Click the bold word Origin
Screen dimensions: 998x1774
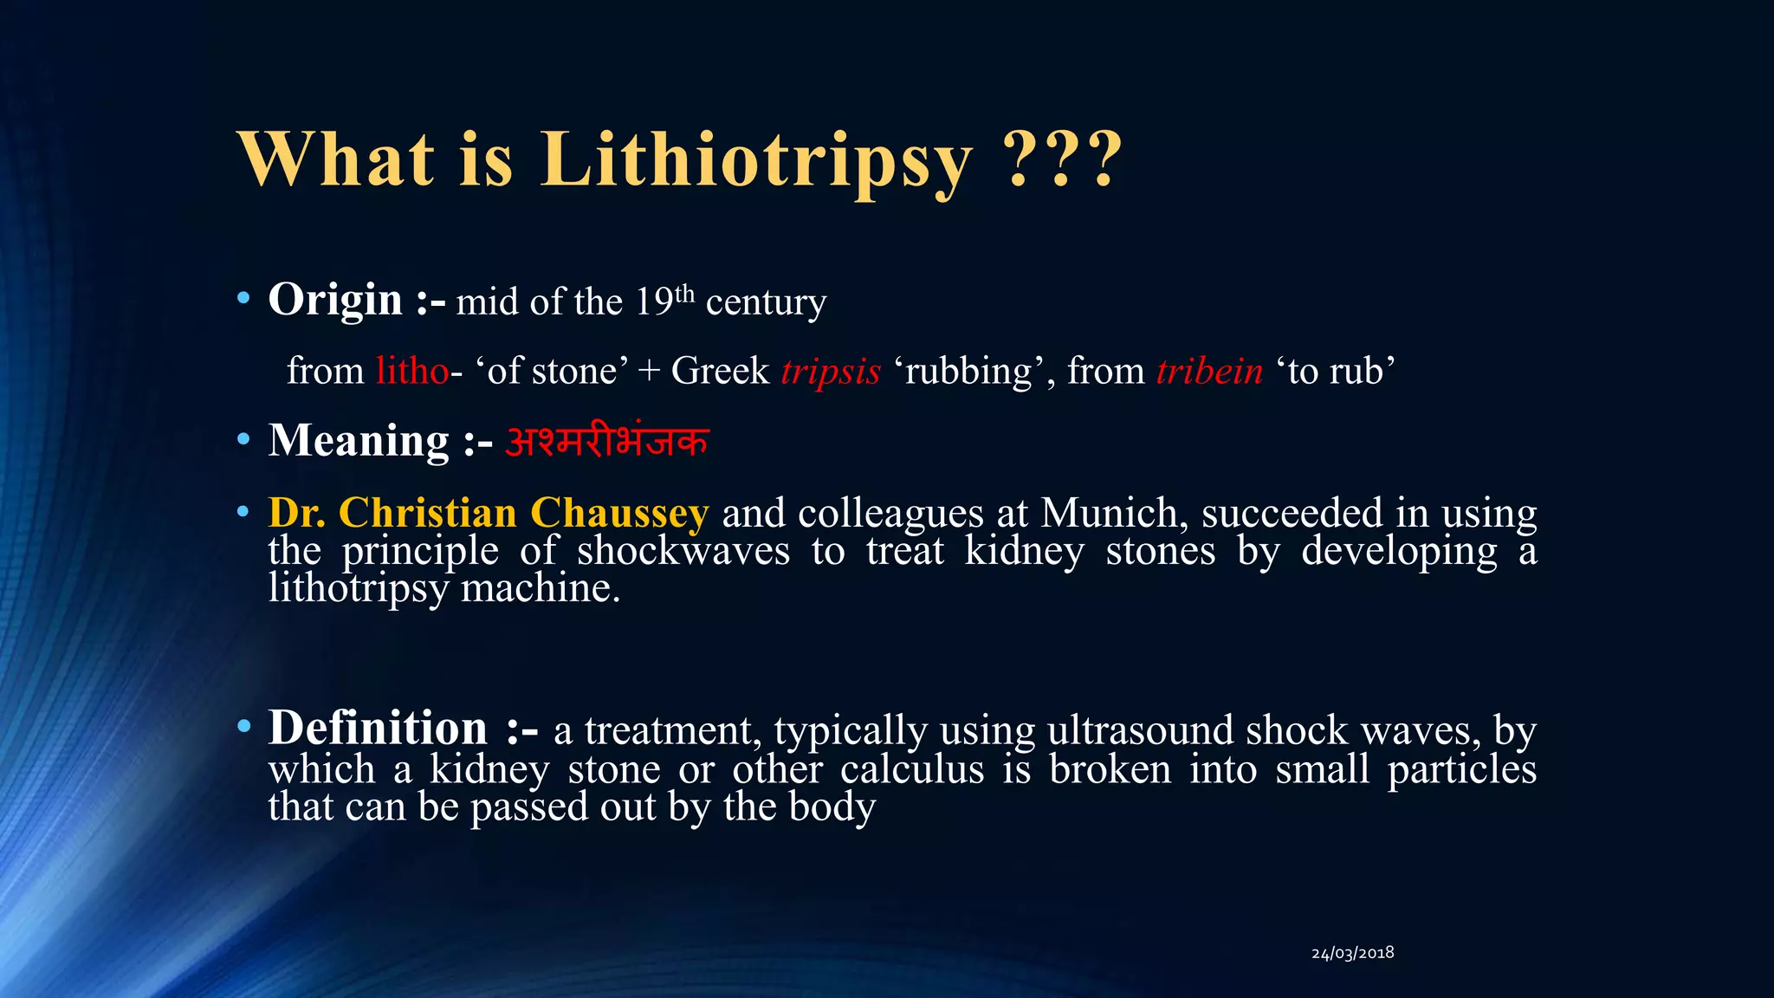[335, 301]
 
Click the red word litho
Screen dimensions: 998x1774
[412, 371]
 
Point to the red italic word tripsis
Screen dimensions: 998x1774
[831, 371]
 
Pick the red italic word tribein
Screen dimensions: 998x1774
[1209, 371]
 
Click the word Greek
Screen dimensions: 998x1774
[720, 371]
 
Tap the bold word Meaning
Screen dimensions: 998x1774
[359, 441]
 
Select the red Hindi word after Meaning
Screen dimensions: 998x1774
[606, 441]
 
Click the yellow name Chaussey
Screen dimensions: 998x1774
[619, 513]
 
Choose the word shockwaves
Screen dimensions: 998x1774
[683, 551]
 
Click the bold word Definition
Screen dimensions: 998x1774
[378, 728]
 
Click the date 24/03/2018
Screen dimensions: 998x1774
[1352, 953]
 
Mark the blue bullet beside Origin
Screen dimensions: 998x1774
[243, 300]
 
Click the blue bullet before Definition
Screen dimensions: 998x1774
[243, 725]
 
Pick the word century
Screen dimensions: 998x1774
[766, 302]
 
